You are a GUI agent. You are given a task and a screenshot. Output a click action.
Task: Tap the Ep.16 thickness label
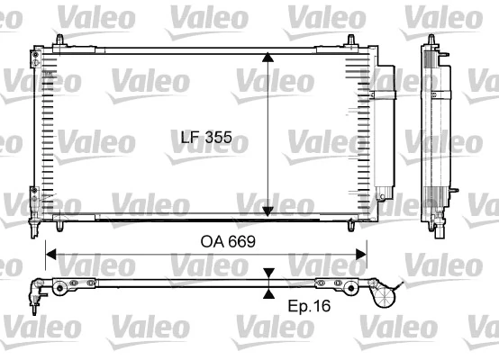[x=308, y=305]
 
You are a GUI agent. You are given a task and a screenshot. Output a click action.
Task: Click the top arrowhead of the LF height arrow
[x=268, y=57]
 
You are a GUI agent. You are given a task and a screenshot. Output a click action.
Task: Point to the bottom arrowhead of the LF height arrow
[x=268, y=211]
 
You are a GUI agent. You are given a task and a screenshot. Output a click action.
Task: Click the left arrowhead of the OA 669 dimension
[x=50, y=255]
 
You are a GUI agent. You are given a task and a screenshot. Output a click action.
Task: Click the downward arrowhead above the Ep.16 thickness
[x=268, y=275]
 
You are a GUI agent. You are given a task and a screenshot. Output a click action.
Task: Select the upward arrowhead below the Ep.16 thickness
[x=268, y=292]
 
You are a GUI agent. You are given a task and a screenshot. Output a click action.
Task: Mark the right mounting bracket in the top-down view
[x=346, y=287]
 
